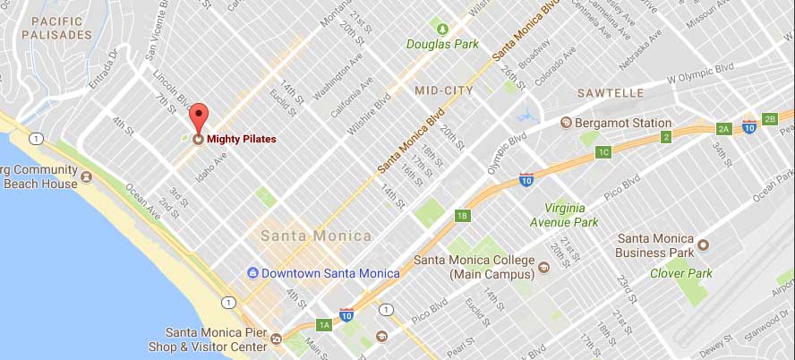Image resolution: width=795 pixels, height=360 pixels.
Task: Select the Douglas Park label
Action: pyautogui.click(x=442, y=43)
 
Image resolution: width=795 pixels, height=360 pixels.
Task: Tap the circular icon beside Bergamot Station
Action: pyautogui.click(x=566, y=123)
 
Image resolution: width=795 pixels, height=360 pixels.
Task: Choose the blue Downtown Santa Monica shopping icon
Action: pyautogui.click(x=253, y=272)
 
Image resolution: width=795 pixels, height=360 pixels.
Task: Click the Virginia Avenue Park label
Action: pyautogui.click(x=563, y=214)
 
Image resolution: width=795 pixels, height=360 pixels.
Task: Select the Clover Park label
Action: pyautogui.click(x=681, y=273)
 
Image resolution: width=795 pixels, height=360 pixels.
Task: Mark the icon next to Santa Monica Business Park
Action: pyautogui.click(x=704, y=244)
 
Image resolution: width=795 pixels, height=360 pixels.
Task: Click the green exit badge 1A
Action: pyautogui.click(x=323, y=325)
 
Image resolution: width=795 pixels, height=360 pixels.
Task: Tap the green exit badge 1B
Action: pyautogui.click(x=462, y=215)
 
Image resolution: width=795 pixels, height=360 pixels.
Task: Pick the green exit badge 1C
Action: pyautogui.click(x=603, y=152)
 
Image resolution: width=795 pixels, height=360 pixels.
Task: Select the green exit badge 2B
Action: pyautogui.click(x=769, y=119)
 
